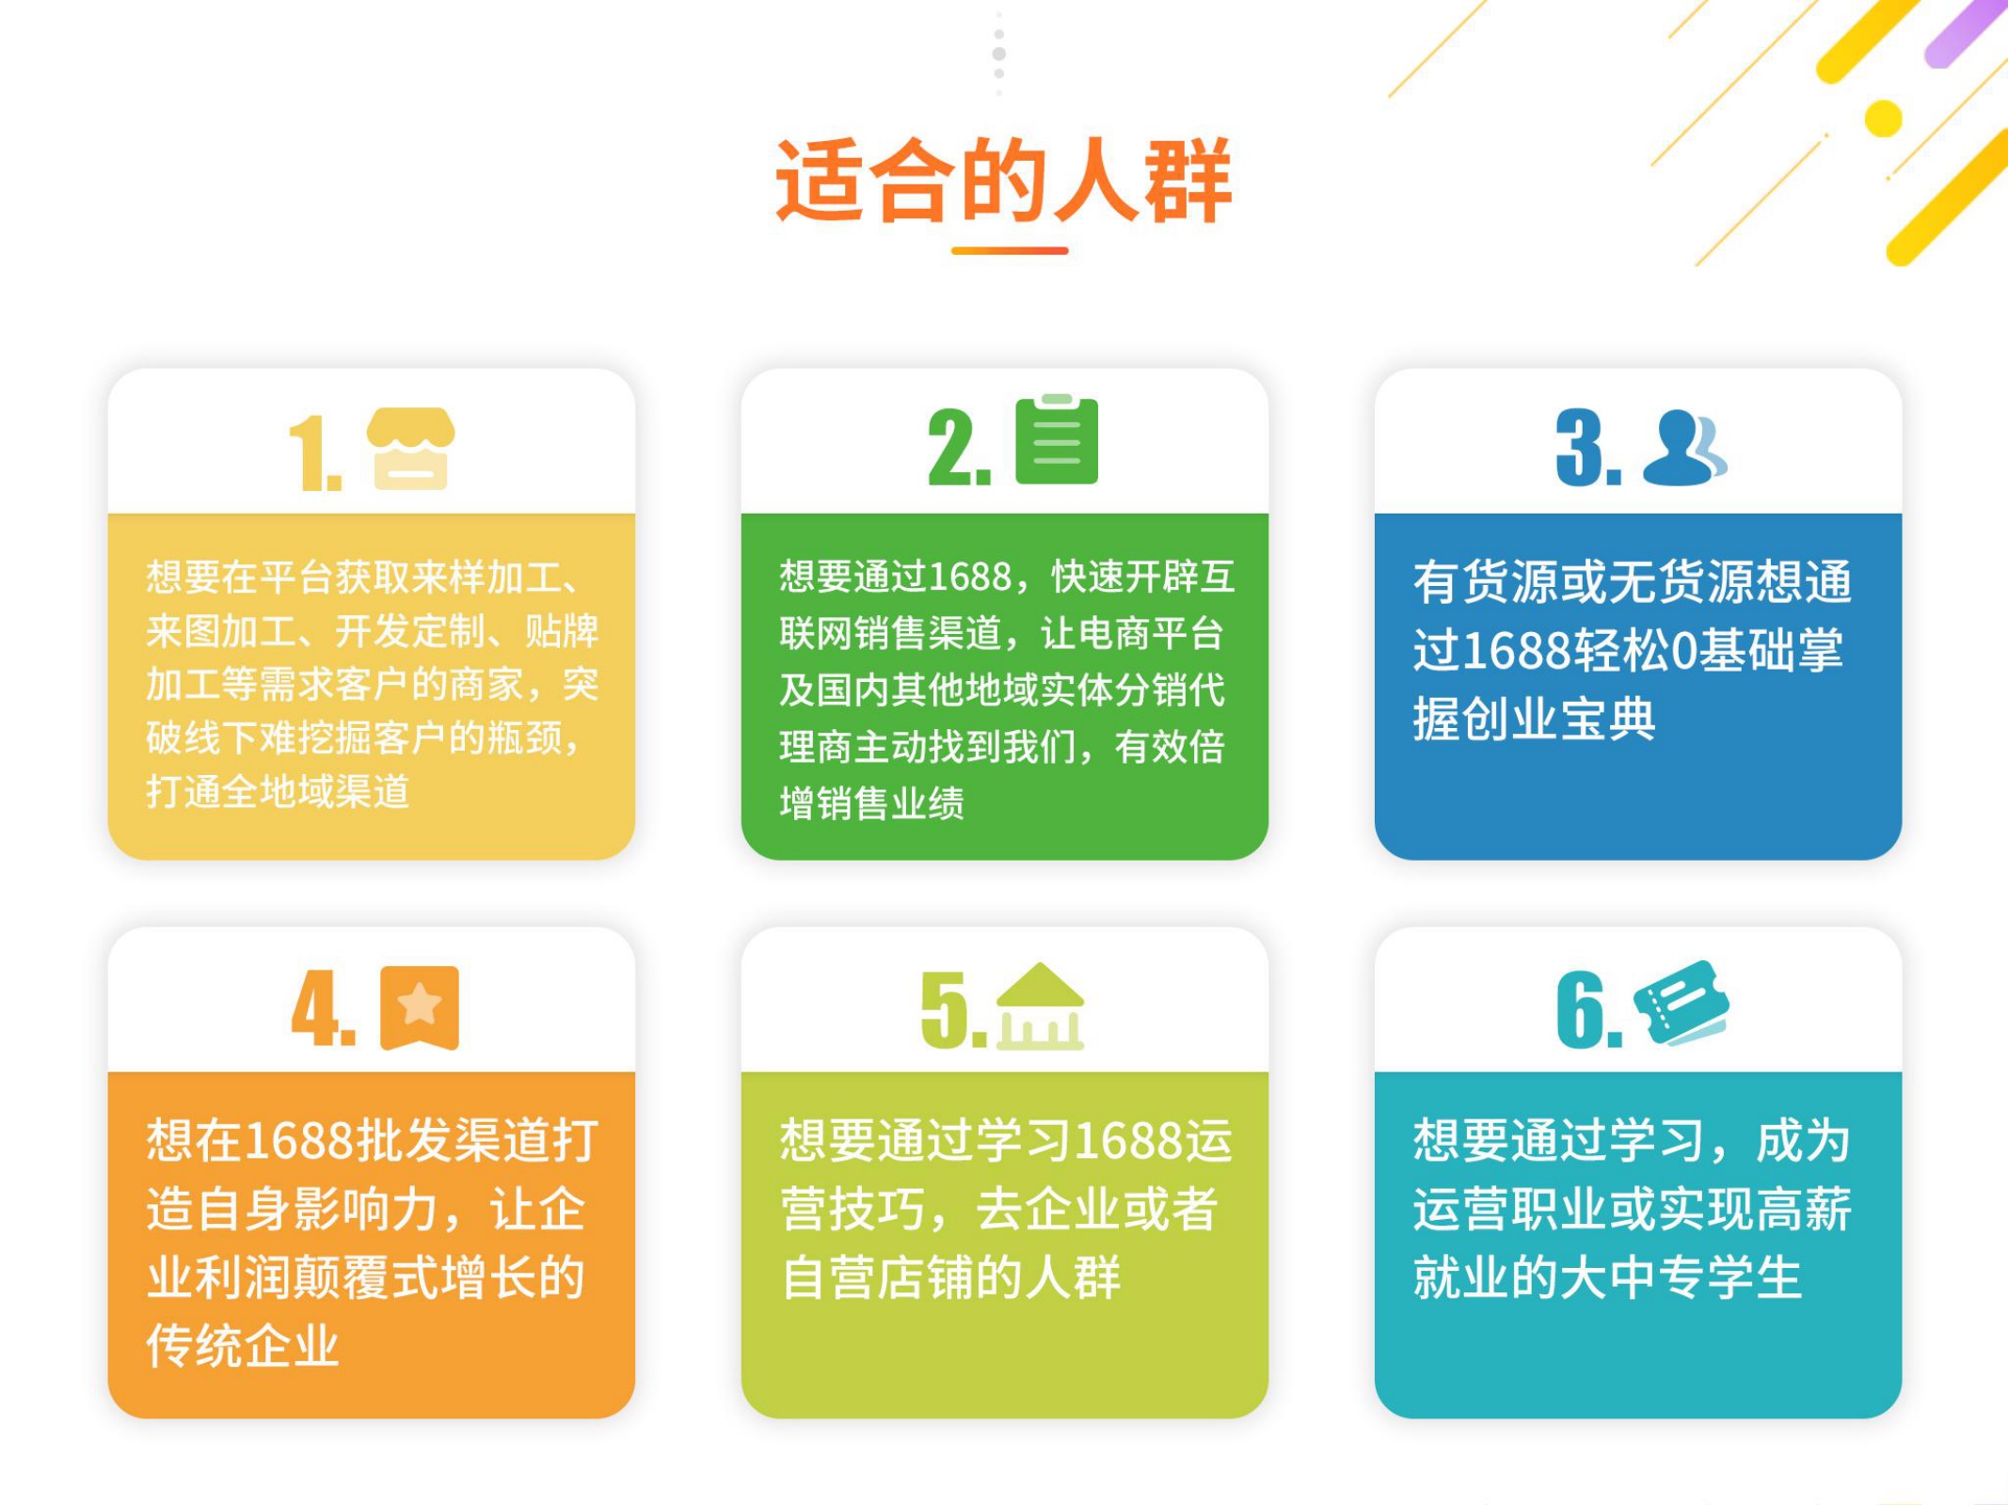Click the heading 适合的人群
(1003, 180)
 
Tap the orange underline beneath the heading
(1010, 250)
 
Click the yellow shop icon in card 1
(410, 449)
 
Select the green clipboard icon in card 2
(1057, 439)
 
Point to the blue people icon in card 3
(1684, 448)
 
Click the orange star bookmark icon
(420, 1007)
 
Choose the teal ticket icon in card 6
(1681, 1003)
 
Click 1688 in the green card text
(969, 577)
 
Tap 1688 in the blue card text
(1518, 650)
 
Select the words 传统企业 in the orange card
(243, 1345)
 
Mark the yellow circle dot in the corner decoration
(1883, 119)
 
